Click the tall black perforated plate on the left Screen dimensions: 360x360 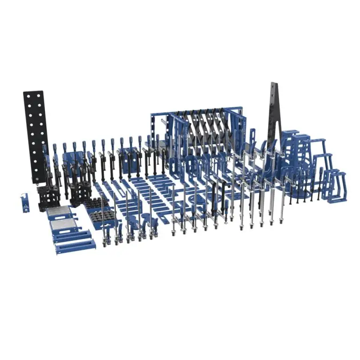pos(35,131)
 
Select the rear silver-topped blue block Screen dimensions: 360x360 pos(59,212)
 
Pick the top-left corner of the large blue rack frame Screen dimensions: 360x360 pos(153,115)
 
